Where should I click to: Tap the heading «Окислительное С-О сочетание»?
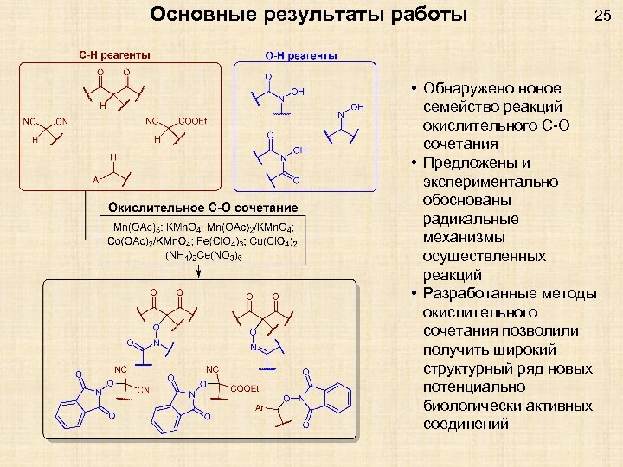click(202, 208)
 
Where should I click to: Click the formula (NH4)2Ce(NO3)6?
click(202, 255)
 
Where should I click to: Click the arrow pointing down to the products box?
click(201, 270)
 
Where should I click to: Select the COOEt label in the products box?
click(245, 388)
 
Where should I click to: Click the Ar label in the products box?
click(260, 406)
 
